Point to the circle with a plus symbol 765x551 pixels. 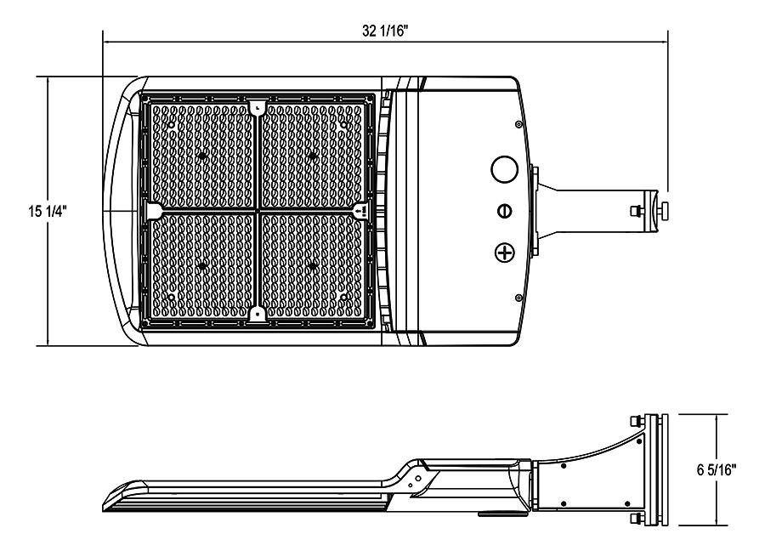tap(506, 252)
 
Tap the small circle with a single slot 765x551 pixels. tap(505, 210)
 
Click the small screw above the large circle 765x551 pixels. tap(518, 124)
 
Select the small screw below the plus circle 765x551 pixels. tap(518, 297)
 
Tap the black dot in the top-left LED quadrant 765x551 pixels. tap(202, 156)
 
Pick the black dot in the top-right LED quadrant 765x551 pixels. tap(313, 156)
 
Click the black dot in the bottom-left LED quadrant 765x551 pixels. tap(202, 266)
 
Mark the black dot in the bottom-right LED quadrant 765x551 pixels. tap(313, 266)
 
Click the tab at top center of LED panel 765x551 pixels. tap(258, 108)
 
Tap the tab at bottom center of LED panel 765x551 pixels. tap(258, 313)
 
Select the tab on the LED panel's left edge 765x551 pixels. tap(156, 210)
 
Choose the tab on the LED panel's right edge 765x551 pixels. tap(360, 209)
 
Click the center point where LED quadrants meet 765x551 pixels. tap(258, 210)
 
